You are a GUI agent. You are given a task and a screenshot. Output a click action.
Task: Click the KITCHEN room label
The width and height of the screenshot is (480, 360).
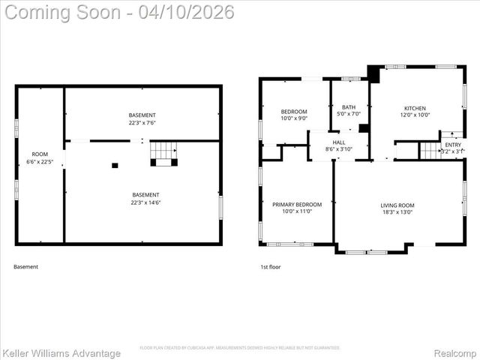tap(415, 108)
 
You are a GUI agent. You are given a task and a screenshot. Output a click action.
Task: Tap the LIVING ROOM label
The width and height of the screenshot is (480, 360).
tap(397, 205)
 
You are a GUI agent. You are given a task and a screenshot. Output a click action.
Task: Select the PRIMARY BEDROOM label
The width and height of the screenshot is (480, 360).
tap(297, 205)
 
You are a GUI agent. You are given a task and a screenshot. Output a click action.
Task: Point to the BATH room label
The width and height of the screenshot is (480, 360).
tap(349, 107)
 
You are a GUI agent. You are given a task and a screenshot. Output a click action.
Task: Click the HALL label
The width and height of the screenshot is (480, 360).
tap(339, 142)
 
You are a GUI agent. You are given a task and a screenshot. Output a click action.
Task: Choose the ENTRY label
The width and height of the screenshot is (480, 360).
tap(453, 145)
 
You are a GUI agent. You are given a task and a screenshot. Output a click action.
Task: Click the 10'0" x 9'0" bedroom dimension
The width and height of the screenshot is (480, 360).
tap(293, 117)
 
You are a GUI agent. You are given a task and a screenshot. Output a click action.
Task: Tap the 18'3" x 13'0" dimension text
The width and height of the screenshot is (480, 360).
tap(397, 212)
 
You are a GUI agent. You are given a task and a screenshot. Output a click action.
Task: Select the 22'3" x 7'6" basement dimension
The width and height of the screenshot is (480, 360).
tap(142, 123)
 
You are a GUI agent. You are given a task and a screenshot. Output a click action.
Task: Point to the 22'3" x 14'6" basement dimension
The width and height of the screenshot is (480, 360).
tap(142, 202)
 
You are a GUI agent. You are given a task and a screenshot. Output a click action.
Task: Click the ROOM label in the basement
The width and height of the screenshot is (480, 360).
tap(40, 154)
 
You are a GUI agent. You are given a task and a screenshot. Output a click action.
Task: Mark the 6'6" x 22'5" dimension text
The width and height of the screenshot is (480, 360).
tap(40, 162)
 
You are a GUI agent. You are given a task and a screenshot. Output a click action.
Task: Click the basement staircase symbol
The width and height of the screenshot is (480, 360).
tap(163, 152)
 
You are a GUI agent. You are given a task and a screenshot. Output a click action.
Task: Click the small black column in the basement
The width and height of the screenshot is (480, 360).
tap(115, 165)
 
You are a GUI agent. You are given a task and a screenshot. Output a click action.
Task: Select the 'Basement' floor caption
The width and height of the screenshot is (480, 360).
tap(25, 267)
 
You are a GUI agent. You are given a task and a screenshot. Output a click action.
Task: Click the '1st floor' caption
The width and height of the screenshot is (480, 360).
tap(270, 267)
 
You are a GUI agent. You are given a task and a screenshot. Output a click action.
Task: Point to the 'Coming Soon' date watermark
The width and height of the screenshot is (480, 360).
tap(118, 12)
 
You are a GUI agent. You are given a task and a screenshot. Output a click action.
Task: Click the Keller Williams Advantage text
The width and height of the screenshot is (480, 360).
tap(61, 353)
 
